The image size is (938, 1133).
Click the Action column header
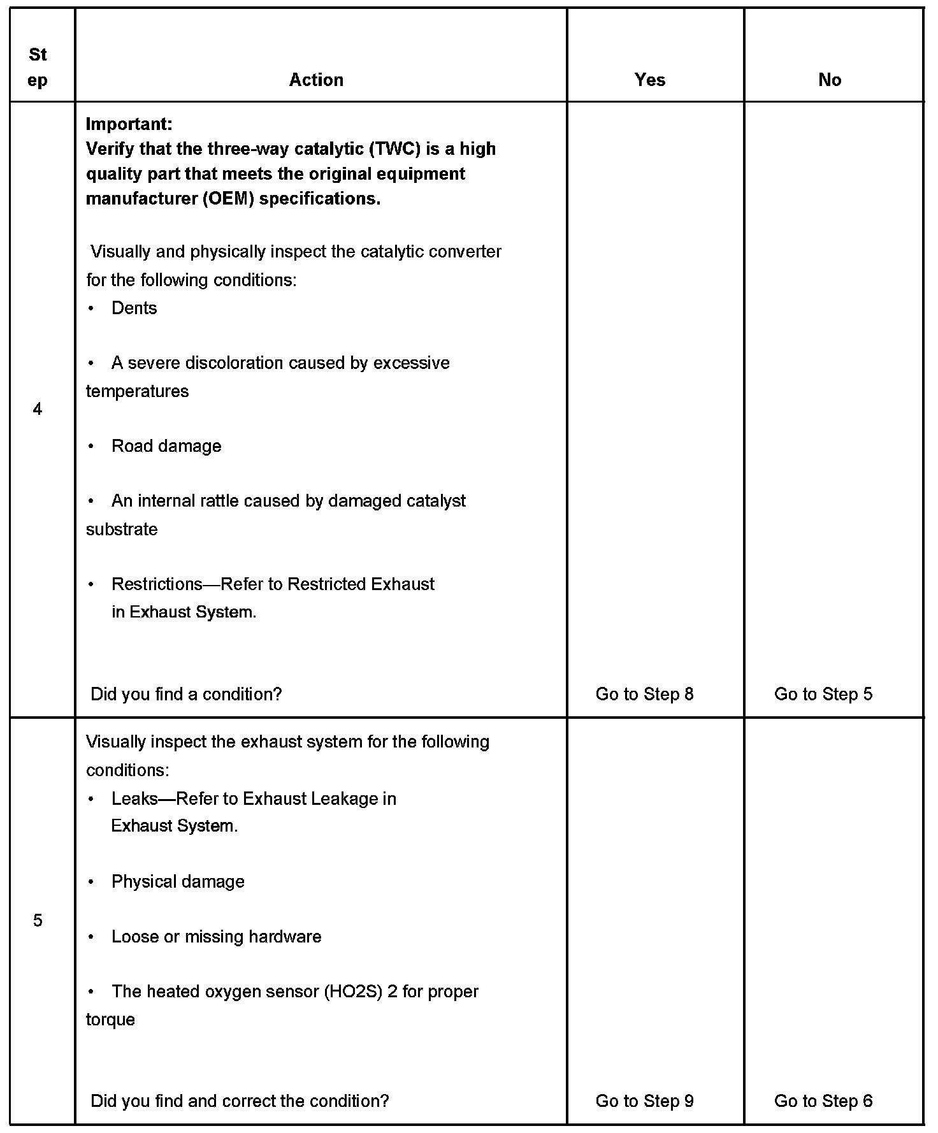point(316,80)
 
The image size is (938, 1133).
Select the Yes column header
point(649,80)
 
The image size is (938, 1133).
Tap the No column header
point(829,80)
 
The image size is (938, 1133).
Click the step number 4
point(38,409)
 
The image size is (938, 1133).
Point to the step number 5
point(38,920)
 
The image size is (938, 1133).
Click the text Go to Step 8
point(644,694)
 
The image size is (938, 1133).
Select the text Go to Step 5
point(823,694)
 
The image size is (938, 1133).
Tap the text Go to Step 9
point(644,1101)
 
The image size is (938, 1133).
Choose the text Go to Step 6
point(823,1101)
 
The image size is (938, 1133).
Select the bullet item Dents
point(134,308)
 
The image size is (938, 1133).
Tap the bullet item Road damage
point(166,446)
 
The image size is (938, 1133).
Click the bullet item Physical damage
point(178,881)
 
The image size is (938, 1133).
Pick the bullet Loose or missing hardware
point(216,937)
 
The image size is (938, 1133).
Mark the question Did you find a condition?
point(186,694)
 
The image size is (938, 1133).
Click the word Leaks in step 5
point(134,799)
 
